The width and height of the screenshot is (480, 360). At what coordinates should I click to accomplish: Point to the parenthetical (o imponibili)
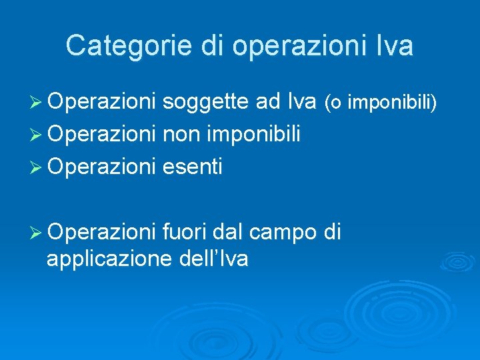(381, 103)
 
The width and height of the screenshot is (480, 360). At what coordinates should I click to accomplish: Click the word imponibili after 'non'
(256, 135)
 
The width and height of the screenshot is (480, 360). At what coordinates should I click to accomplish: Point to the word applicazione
(110, 259)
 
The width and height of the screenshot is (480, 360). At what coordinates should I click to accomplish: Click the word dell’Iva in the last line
(214, 258)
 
